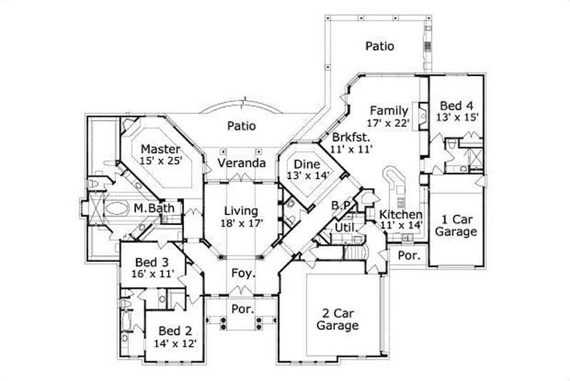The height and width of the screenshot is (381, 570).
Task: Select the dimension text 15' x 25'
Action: (x=162, y=161)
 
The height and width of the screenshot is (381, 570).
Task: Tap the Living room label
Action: (x=240, y=211)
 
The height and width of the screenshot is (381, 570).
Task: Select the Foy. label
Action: (x=240, y=273)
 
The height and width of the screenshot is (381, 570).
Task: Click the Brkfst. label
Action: (x=348, y=136)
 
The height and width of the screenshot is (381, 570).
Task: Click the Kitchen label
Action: (x=401, y=214)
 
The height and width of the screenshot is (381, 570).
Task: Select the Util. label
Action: (x=346, y=226)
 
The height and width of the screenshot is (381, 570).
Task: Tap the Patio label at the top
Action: (x=380, y=46)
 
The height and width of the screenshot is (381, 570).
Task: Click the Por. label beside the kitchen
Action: (x=408, y=254)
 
